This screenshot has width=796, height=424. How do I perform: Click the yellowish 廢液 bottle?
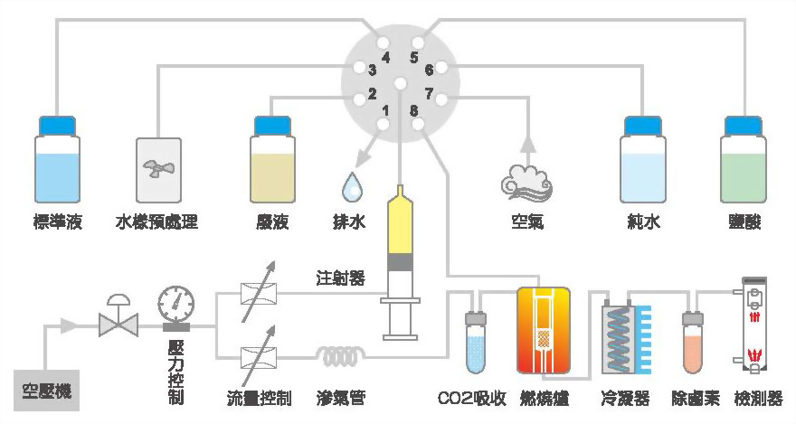pos(272,168)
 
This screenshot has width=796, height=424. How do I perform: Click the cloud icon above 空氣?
pos(526,181)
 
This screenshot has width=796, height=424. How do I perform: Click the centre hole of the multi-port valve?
pos(401,85)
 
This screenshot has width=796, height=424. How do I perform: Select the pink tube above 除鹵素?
pos(695,343)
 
